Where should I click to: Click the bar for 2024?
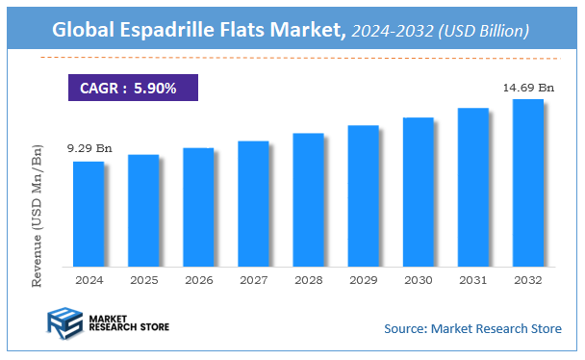click(x=89, y=214)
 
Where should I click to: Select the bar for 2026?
click(x=198, y=207)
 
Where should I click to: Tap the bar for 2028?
click(x=308, y=199)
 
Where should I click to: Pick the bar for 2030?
click(x=418, y=192)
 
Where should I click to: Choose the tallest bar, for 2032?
click(x=527, y=183)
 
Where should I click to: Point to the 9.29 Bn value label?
click(x=89, y=149)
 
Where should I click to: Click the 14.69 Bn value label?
click(x=528, y=88)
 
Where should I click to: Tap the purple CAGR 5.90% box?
click(x=133, y=88)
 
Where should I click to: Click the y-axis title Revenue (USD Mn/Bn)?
click(x=39, y=214)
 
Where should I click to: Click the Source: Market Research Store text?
click(x=472, y=328)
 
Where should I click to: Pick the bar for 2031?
click(x=472, y=187)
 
